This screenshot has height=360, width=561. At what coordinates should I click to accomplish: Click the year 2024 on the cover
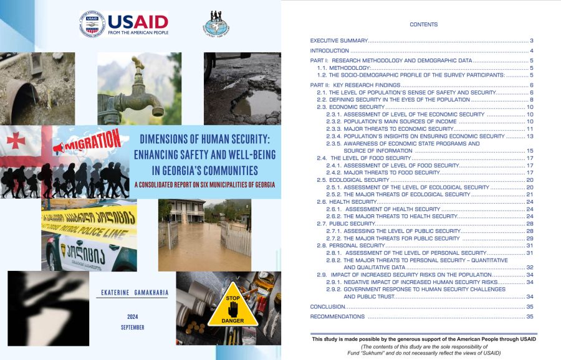(x=132, y=316)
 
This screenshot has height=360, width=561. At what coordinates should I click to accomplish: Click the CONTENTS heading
(x=424, y=25)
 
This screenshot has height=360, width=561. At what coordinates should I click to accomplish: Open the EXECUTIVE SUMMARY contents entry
(x=339, y=40)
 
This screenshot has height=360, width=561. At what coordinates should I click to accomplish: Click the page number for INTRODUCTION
(x=532, y=50)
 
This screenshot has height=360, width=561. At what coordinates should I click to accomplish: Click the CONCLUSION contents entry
(x=327, y=307)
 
